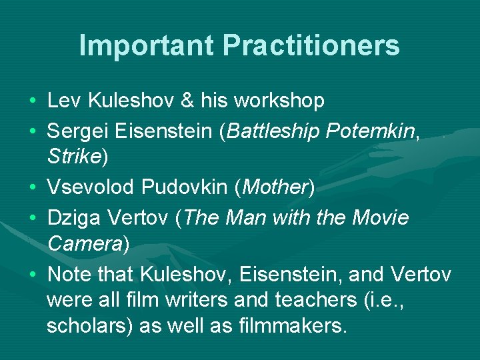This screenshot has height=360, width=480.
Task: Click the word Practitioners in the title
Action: coord(311,45)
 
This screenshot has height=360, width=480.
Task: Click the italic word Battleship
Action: coord(273,131)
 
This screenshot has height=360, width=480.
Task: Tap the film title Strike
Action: coord(73,157)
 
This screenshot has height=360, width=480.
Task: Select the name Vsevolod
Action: coord(91,187)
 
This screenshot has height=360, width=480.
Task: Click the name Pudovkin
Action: coord(185,187)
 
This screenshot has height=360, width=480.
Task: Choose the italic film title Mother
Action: coord(274,187)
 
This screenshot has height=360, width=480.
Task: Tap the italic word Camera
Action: coord(84,243)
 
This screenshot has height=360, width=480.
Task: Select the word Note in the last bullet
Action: coord(69,274)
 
